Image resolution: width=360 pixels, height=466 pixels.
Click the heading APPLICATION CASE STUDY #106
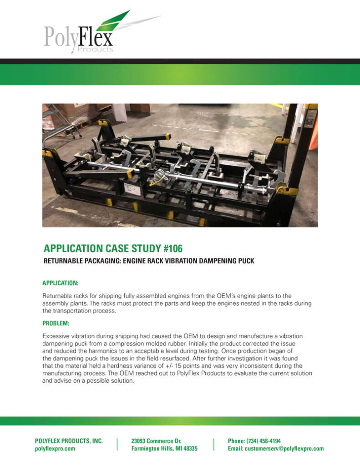[x=114, y=248]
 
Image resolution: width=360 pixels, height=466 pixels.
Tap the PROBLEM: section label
[x=56, y=323]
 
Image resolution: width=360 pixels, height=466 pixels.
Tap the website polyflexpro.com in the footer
[x=55, y=449]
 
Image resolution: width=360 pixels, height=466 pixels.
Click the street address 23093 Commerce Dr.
[x=156, y=441]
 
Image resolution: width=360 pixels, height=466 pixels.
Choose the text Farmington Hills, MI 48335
[x=164, y=449]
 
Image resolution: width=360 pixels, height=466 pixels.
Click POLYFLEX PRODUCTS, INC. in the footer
[x=69, y=441]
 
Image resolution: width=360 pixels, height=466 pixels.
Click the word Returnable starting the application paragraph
[x=56, y=296]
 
